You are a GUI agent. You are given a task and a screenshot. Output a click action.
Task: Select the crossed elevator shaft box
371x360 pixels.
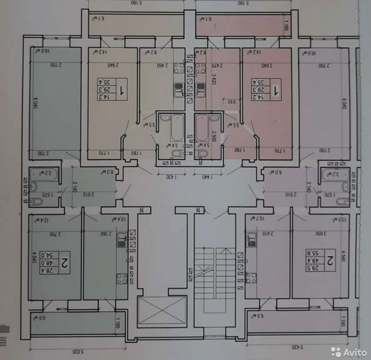click(x=162, y=310)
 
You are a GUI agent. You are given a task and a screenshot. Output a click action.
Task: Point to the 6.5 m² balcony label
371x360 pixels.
click(x=255, y=315)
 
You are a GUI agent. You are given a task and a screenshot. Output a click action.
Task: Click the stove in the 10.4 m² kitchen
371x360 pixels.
click(x=121, y=278)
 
